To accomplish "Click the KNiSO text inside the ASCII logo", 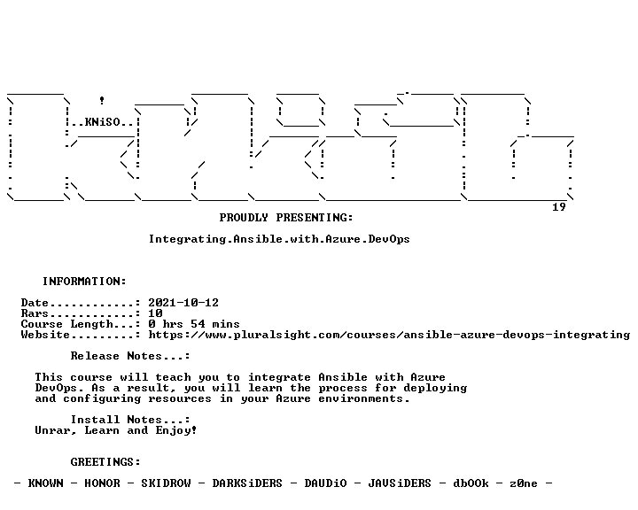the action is (x=103, y=122).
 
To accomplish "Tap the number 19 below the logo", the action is (x=558, y=207).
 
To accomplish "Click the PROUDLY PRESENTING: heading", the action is (x=286, y=218).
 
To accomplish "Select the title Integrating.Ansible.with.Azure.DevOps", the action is (x=279, y=239).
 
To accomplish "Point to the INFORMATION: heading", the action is (x=85, y=282).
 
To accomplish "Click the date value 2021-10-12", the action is (x=183, y=303).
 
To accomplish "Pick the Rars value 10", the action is (x=155, y=313).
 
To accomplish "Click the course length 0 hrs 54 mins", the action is (x=194, y=324).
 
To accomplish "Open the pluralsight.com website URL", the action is (x=389, y=335).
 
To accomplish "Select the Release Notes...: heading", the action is (x=130, y=356).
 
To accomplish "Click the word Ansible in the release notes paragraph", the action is (x=343, y=377).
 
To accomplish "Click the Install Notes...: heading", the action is (x=130, y=420).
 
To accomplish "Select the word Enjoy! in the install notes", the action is (x=176, y=430).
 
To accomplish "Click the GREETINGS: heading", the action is (x=105, y=462).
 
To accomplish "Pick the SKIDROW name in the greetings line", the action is (x=166, y=483).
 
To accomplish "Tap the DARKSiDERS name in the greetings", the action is (x=247, y=483).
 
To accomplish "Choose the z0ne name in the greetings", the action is (x=524, y=483).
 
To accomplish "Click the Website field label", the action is (x=45, y=335).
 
